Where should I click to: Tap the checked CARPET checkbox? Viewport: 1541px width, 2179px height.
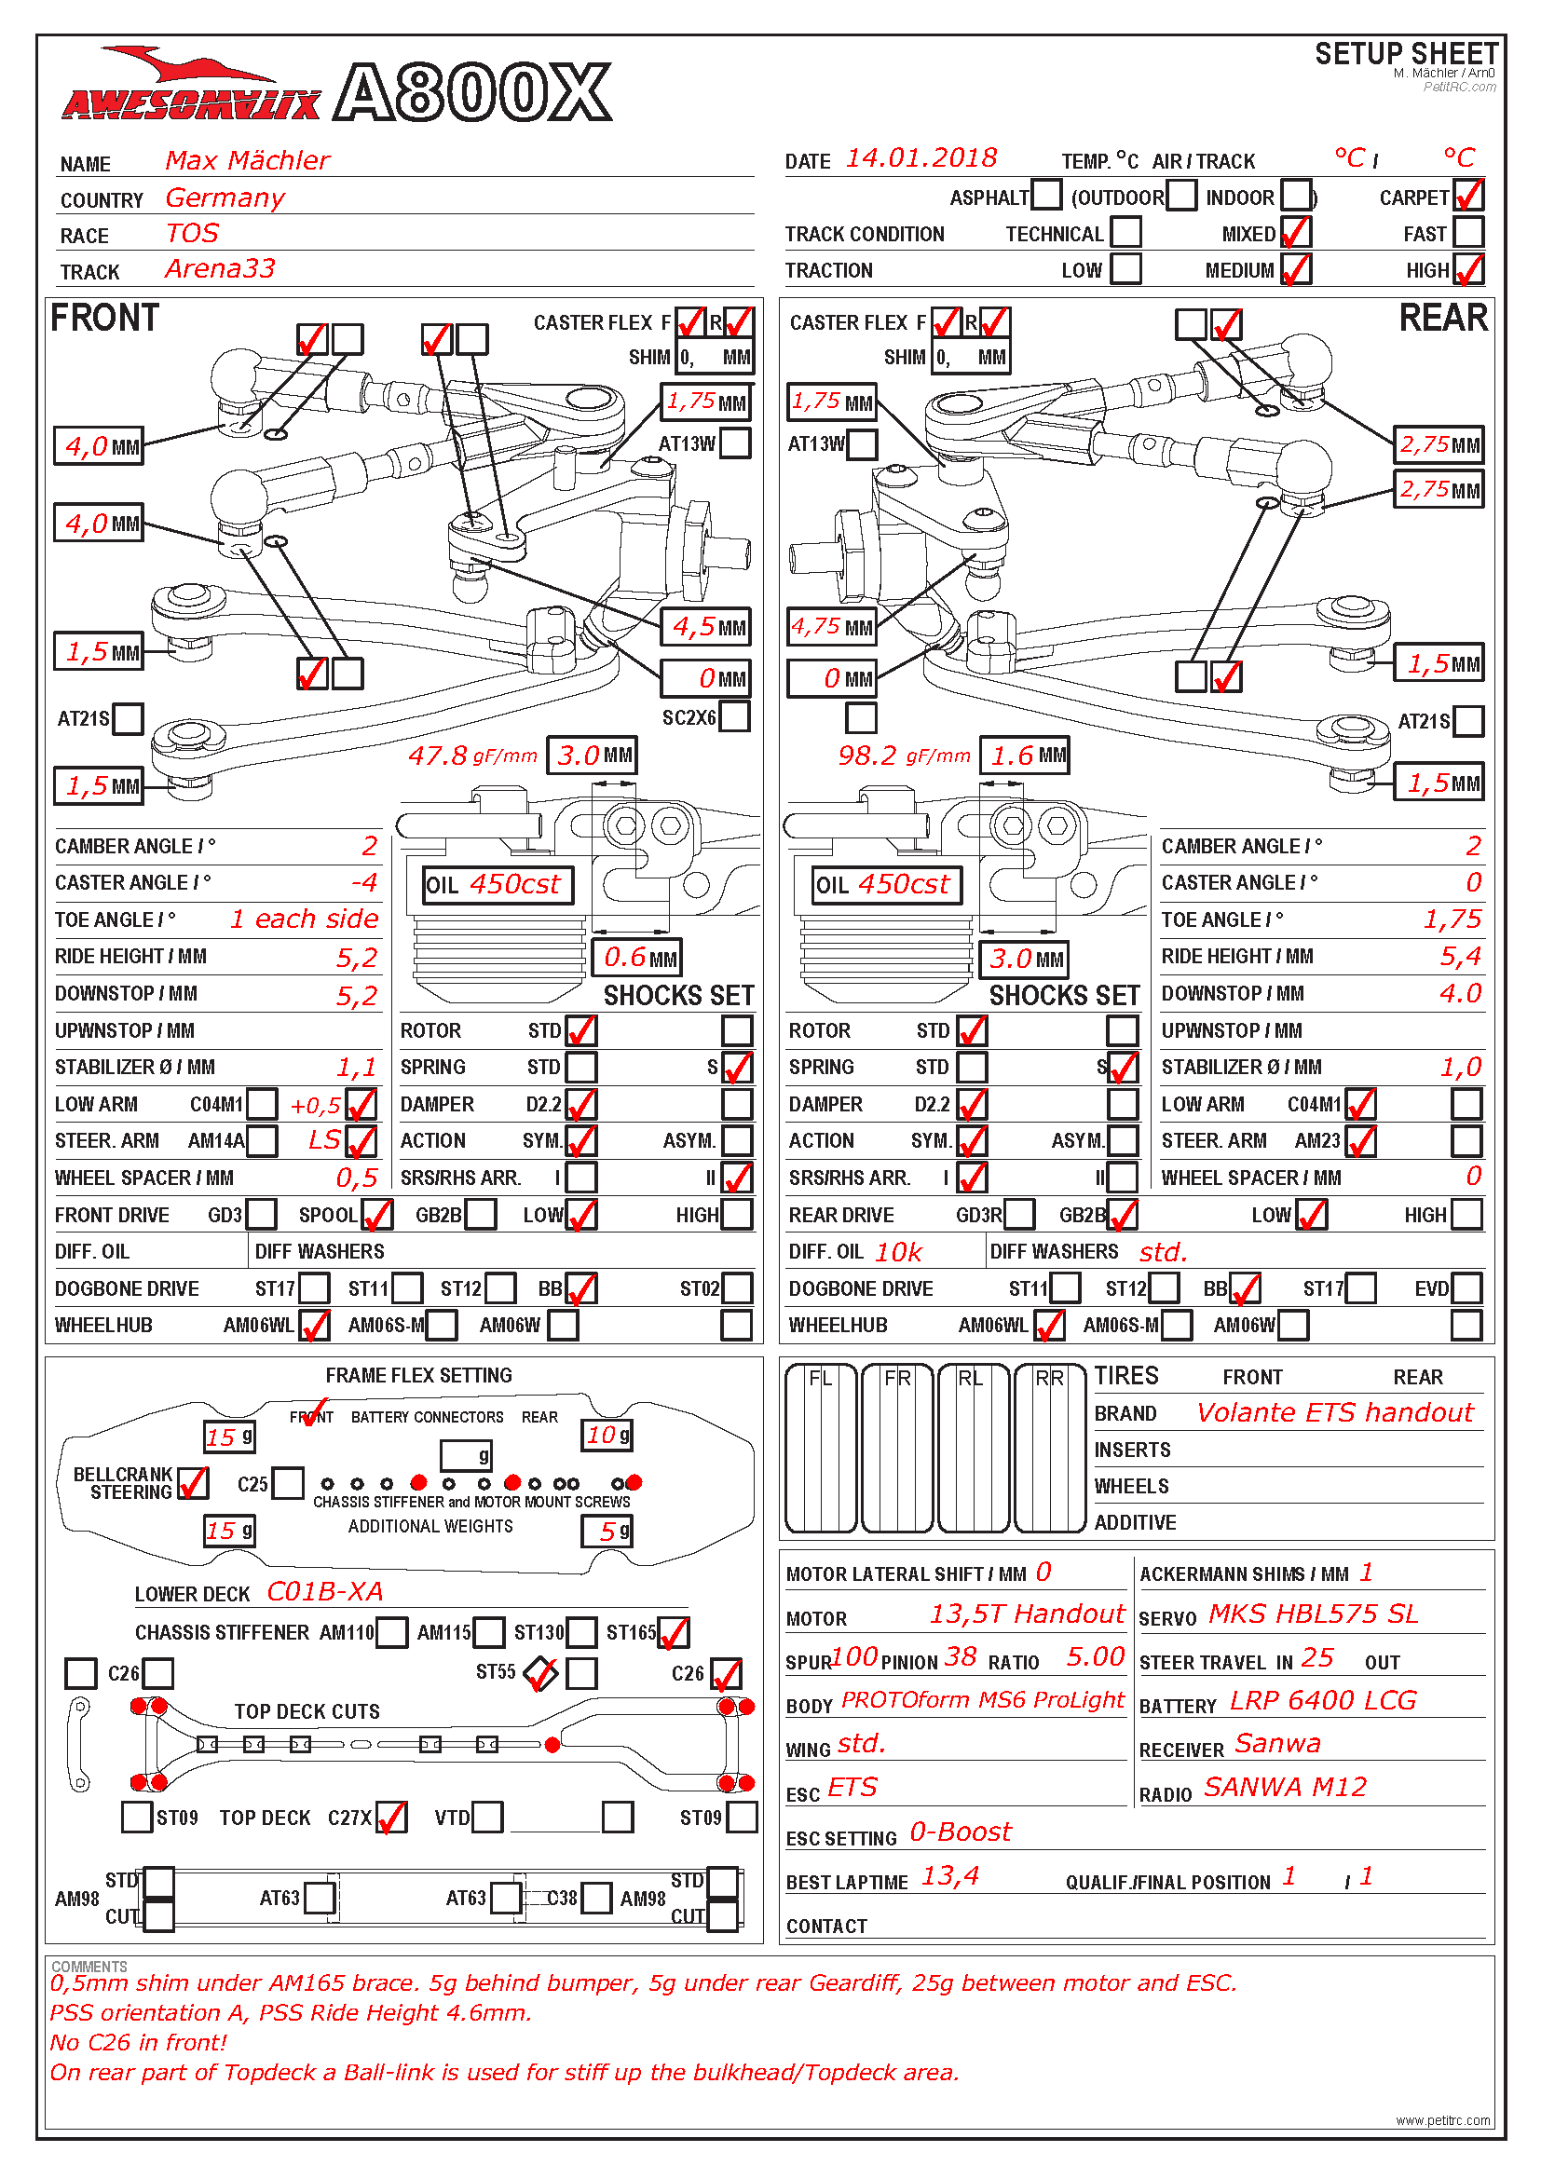click(1467, 197)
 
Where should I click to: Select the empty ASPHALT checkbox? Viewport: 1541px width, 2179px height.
click(1045, 196)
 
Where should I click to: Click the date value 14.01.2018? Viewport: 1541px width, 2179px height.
click(921, 158)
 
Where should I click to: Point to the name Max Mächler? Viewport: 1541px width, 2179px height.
click(248, 160)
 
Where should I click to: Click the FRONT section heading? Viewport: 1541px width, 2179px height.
click(104, 318)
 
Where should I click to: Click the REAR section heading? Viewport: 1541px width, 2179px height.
click(1442, 318)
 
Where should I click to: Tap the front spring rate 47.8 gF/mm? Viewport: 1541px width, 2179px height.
click(472, 756)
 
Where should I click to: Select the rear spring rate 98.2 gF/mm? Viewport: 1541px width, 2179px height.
click(904, 756)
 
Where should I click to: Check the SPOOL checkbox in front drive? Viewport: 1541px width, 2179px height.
click(376, 1215)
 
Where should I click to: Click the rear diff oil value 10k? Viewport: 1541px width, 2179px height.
click(897, 1253)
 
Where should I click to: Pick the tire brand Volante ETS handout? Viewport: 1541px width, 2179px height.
click(1334, 1413)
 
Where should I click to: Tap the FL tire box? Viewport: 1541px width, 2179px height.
click(821, 1449)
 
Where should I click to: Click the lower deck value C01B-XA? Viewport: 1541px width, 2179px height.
click(324, 1591)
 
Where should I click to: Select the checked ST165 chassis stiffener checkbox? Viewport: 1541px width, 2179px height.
click(673, 1632)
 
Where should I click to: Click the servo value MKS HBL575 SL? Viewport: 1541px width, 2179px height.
click(1313, 1614)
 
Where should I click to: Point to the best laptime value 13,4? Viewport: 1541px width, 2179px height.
click(949, 1876)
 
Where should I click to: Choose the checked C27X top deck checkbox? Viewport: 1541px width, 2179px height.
click(391, 1818)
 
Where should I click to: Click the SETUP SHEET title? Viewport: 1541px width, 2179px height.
click(1406, 53)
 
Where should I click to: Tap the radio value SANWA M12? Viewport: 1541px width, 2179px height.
click(1285, 1788)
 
